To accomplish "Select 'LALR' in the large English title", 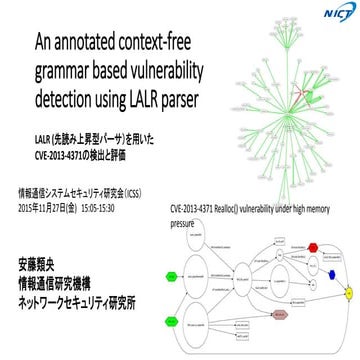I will click(x=148, y=97).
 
